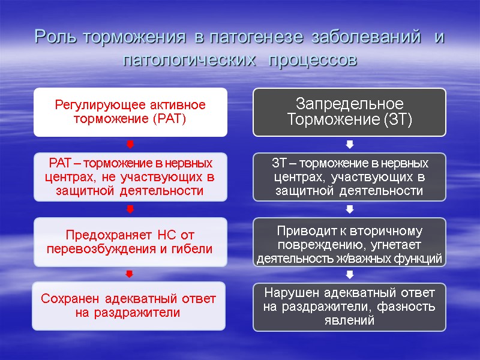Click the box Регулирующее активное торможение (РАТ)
tap(130, 112)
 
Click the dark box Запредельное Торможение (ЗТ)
tap(349, 112)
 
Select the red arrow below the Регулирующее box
tap(130, 145)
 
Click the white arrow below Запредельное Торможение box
tap(350, 145)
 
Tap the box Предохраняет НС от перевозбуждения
tap(130, 242)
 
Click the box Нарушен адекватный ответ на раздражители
tap(349, 307)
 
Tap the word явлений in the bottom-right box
tap(349, 320)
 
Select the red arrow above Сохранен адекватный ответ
tap(130, 274)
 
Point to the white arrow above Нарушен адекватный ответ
tap(350, 274)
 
